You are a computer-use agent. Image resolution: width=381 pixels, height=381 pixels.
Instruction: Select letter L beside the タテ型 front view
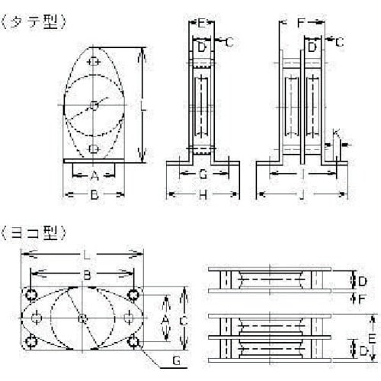pyautogui.click(x=144, y=107)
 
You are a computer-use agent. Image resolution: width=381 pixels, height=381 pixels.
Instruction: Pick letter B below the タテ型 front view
pyautogui.click(x=94, y=195)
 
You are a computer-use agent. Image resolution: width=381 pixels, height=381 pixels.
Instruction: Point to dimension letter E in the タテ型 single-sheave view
pyautogui.click(x=200, y=24)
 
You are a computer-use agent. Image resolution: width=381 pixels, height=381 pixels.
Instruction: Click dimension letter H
pyautogui.click(x=203, y=196)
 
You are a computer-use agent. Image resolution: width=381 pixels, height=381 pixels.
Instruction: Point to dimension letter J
pyautogui.click(x=304, y=196)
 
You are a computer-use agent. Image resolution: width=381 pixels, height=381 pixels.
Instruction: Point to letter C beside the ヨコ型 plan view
pyautogui.click(x=183, y=322)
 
